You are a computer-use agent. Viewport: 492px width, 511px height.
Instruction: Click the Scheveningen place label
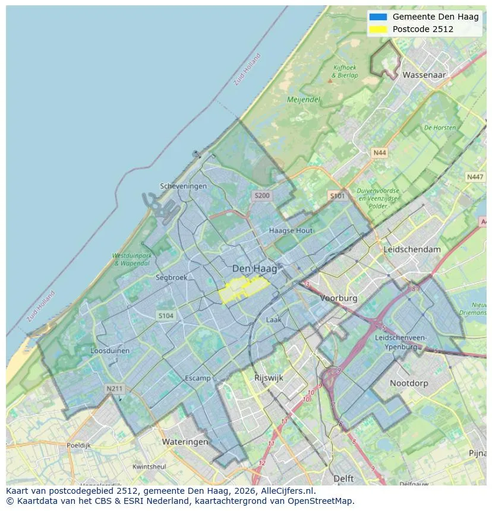click(x=183, y=186)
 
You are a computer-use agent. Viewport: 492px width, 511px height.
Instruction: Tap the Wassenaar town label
click(x=424, y=75)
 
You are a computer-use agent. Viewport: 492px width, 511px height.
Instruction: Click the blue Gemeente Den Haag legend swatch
click(x=377, y=17)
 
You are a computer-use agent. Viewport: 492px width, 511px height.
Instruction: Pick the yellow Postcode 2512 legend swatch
click(x=377, y=29)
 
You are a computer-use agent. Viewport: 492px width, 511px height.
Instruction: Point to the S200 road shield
click(x=261, y=195)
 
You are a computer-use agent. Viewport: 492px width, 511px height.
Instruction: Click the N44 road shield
click(x=379, y=153)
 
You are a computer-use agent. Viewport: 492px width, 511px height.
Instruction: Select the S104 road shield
click(x=166, y=316)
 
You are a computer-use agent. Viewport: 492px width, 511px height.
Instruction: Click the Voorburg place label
click(x=338, y=299)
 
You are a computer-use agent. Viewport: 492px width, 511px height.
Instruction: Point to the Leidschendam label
click(x=412, y=249)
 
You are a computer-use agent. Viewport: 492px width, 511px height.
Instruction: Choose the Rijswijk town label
click(x=269, y=377)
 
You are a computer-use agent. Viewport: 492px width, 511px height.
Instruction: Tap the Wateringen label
click(x=185, y=442)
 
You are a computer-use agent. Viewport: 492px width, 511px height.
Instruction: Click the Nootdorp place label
click(x=408, y=383)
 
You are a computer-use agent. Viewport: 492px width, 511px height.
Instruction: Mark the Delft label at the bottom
click(x=343, y=478)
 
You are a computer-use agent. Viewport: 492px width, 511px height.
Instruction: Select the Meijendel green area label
click(x=304, y=100)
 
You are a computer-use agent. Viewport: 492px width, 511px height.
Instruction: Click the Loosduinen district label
click(x=109, y=351)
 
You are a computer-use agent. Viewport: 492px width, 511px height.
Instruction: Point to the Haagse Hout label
click(x=291, y=230)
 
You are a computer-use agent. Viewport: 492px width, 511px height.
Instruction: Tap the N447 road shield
click(x=475, y=177)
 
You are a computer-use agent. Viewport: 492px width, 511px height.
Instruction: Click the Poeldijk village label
click(x=78, y=445)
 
